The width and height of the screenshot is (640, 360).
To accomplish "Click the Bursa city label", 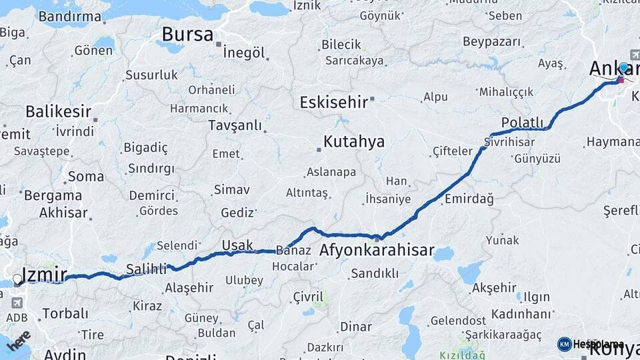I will tap(187, 34).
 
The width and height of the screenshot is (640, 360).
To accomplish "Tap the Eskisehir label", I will tap(333, 103).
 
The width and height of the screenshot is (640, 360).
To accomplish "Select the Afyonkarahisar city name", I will tap(377, 251).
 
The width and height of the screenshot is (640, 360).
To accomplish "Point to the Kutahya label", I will tap(353, 141).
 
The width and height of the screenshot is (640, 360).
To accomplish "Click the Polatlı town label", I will tap(522, 123).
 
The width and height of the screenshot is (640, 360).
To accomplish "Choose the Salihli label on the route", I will tap(146, 269).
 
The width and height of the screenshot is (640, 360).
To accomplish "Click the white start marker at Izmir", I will tap(17, 279).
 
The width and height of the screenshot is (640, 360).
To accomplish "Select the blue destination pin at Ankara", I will tap(623, 68).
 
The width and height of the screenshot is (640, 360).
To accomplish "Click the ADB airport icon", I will tap(17, 303).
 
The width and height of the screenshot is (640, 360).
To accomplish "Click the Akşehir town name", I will tap(493, 288).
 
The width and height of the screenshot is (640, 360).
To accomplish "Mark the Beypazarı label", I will tap(491, 41).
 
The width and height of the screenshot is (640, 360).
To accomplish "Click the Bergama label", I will tap(53, 196).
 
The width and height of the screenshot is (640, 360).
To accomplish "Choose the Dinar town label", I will tap(355, 327).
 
